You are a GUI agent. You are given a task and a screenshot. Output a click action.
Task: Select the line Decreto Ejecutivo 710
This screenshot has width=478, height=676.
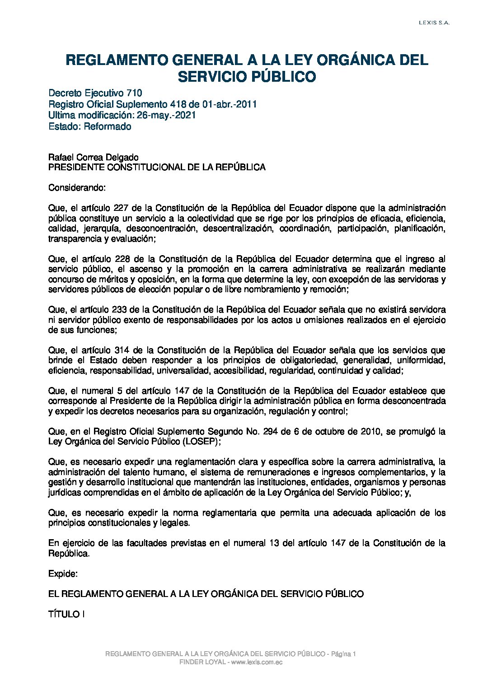point(95,93)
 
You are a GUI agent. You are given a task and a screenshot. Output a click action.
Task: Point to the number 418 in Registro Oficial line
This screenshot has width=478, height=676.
point(178,104)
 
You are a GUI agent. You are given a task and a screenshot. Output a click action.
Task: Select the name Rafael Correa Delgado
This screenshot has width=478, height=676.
point(94,157)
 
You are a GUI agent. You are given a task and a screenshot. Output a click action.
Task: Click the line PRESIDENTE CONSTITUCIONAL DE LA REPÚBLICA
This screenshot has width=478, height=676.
point(157,167)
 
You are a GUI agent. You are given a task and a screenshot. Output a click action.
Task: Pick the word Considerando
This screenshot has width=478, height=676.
point(77,187)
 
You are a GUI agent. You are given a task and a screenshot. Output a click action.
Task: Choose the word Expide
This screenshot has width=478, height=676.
point(63,573)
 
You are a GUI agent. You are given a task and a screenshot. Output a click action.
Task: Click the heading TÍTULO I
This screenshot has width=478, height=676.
point(67,614)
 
